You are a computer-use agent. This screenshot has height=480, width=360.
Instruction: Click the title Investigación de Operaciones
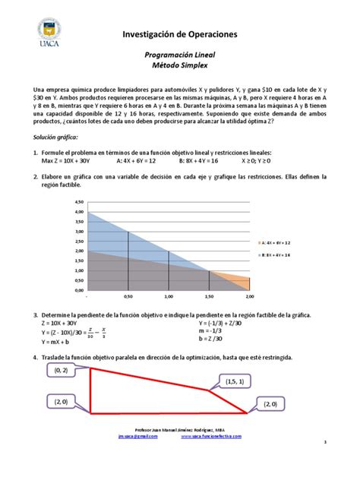pos(180,35)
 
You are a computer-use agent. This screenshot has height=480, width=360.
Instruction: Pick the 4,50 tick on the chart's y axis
pos(78,203)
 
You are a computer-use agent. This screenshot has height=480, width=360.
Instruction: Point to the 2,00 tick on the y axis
pos(78,251)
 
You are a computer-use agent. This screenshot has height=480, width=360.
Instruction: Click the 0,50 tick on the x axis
pos(128,297)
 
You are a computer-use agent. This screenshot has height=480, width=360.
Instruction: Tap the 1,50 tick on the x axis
pos(208,297)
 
